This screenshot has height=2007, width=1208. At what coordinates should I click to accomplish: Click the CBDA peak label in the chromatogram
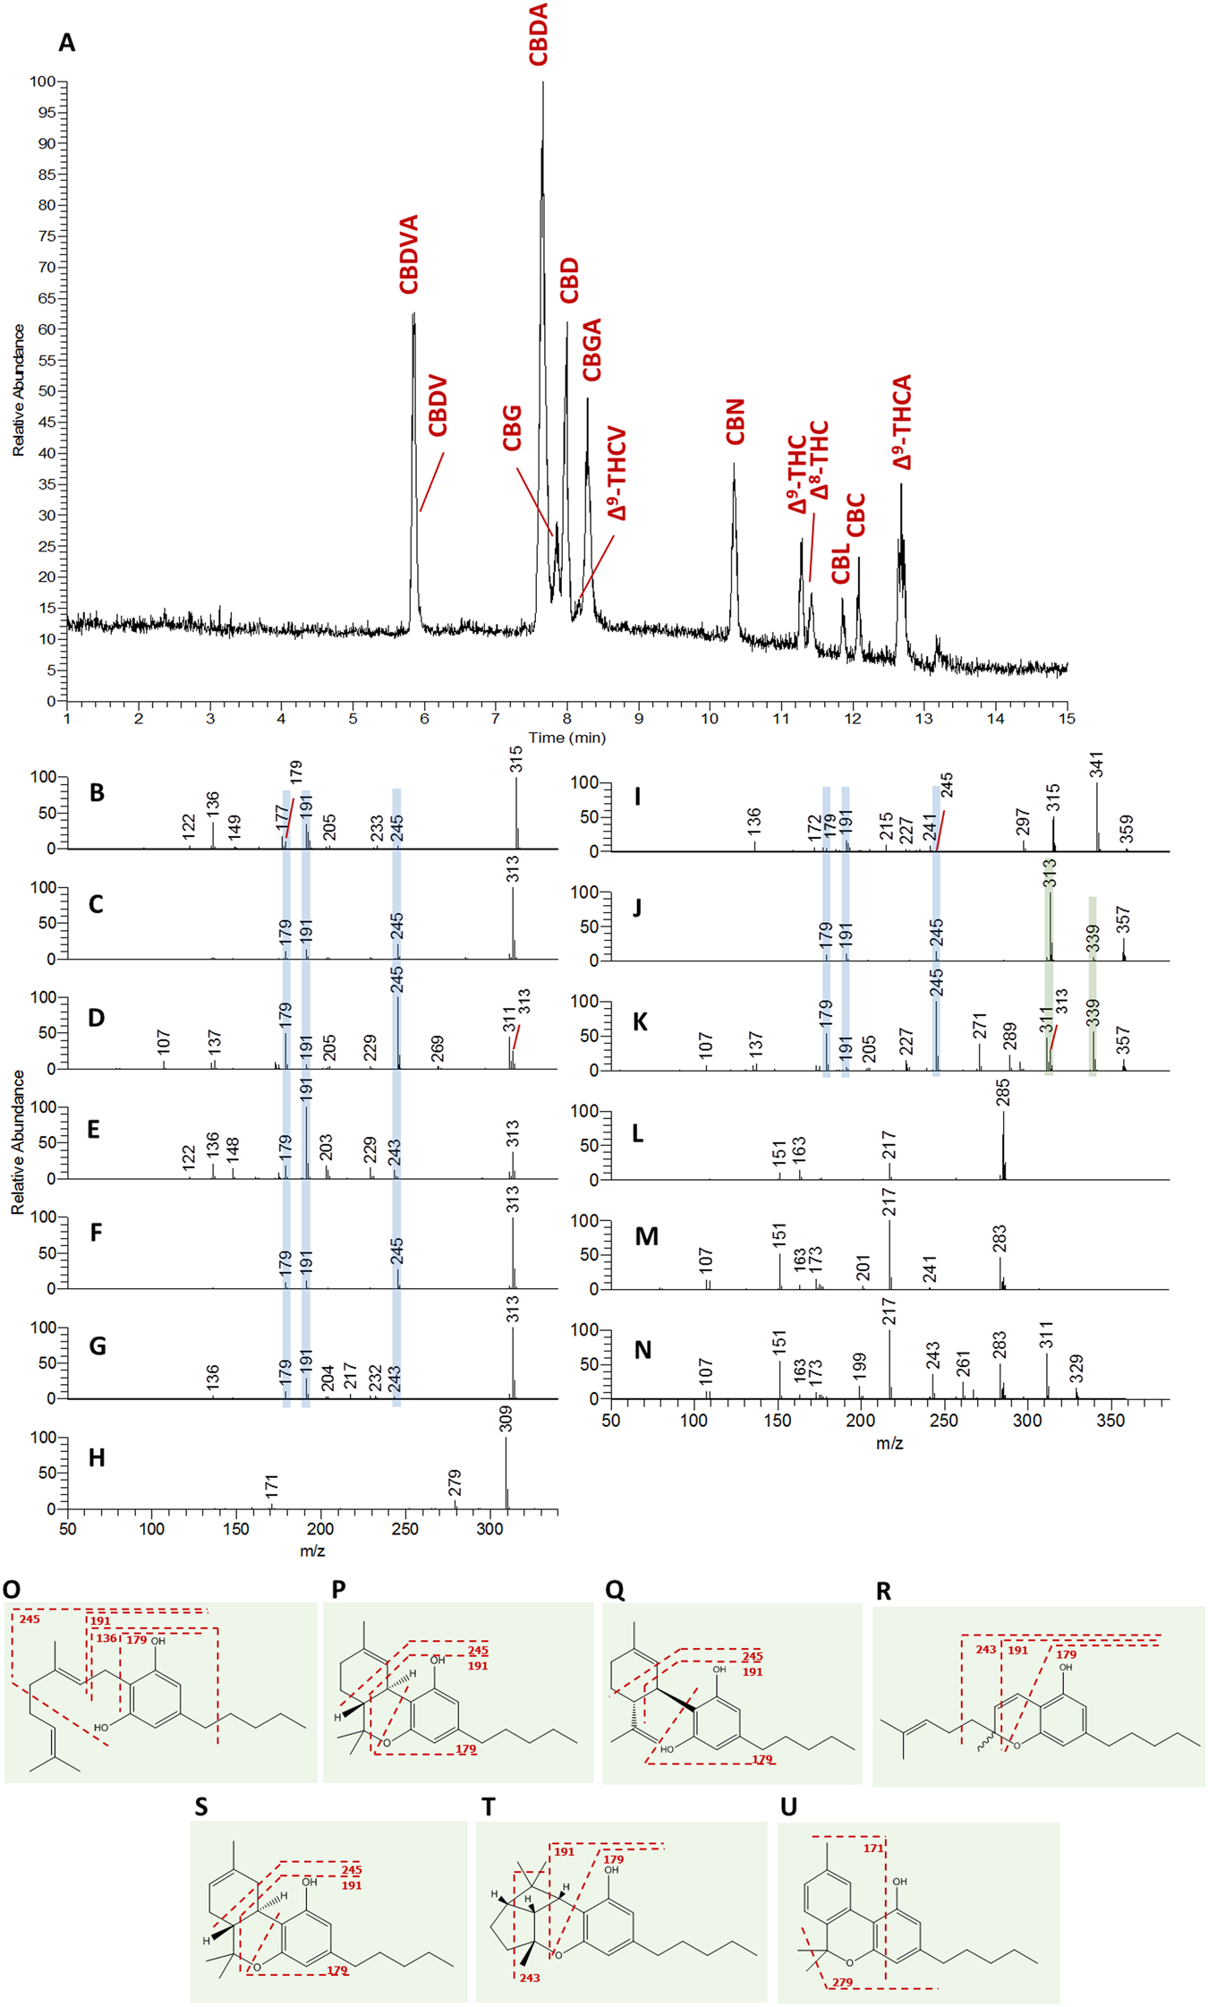click(x=538, y=34)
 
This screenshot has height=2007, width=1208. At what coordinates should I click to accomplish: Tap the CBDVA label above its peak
click(x=409, y=254)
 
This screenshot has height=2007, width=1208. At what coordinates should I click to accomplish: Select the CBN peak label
click(x=735, y=423)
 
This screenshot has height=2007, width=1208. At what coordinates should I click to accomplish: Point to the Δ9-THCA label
click(x=902, y=423)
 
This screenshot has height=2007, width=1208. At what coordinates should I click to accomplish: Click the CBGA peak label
click(x=591, y=350)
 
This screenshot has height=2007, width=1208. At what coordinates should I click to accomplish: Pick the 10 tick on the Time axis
click(x=710, y=719)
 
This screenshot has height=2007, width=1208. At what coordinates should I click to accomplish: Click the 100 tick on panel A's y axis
click(x=42, y=81)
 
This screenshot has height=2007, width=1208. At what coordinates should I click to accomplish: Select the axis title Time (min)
click(x=566, y=738)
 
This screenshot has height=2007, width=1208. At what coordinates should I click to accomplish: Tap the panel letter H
click(x=97, y=1458)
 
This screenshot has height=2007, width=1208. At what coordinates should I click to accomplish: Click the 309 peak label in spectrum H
click(x=506, y=1420)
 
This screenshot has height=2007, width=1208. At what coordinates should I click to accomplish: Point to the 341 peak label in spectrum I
click(x=1097, y=765)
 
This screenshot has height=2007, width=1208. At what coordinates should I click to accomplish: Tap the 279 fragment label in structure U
click(x=842, y=1983)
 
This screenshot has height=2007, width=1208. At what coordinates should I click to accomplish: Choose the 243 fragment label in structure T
click(x=530, y=1977)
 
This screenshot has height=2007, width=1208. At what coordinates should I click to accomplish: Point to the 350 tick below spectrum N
click(x=1110, y=1421)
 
